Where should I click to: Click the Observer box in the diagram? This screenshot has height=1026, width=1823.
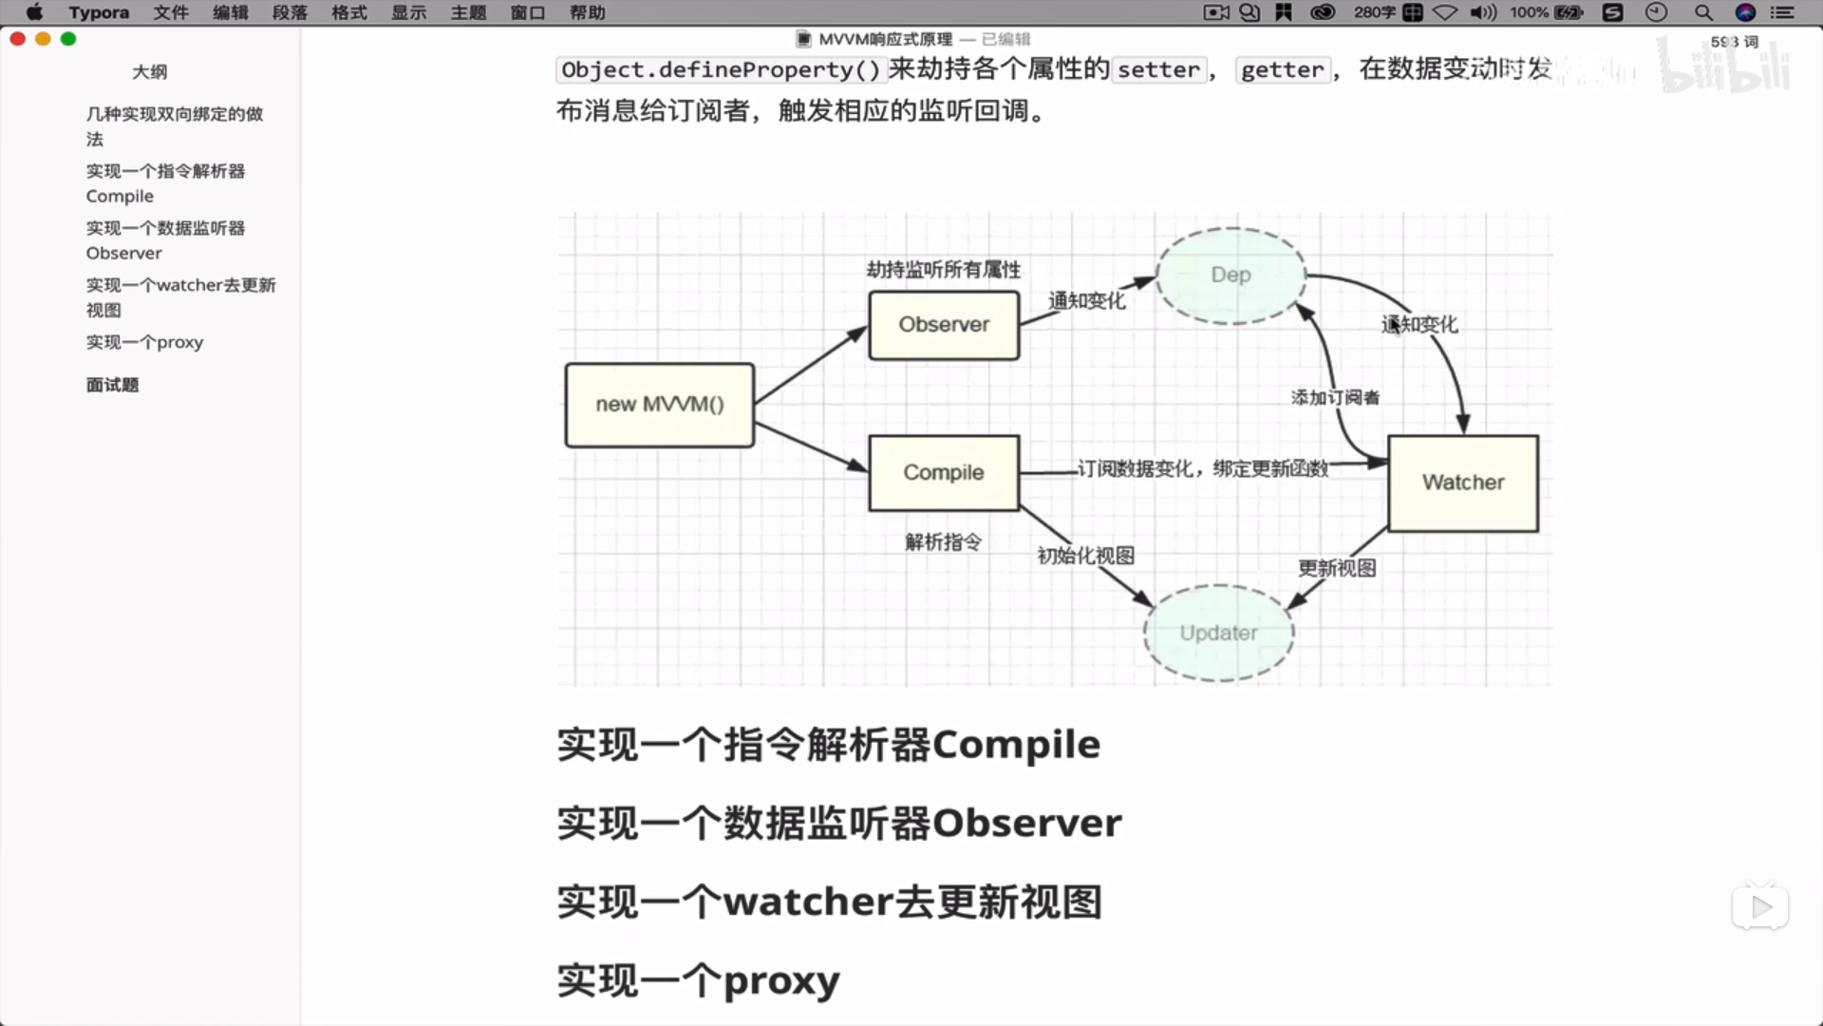click(944, 325)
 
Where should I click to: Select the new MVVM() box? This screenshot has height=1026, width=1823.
click(660, 405)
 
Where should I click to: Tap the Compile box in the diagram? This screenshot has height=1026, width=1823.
click(944, 473)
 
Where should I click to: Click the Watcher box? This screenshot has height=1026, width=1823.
click(1463, 483)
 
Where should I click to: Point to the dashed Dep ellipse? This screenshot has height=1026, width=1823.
click(1231, 275)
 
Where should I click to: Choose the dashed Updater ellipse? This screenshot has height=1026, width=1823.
click(1218, 633)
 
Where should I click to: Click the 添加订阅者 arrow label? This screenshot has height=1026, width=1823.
click(1335, 397)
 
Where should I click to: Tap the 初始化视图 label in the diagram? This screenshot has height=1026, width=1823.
click(1085, 556)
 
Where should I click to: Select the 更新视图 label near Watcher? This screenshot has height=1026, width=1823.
click(1337, 568)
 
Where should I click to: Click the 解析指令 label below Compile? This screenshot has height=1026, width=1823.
click(943, 542)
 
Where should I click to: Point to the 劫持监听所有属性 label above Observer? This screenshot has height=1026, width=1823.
click(944, 270)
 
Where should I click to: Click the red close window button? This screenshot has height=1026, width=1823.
click(17, 39)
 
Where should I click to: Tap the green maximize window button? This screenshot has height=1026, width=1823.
click(68, 39)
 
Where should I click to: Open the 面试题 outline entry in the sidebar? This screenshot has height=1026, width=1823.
click(112, 385)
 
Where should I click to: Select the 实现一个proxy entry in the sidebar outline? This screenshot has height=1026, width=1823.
click(144, 342)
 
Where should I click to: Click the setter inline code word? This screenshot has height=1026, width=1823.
click(1158, 70)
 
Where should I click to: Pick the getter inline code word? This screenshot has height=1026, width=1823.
click(1282, 70)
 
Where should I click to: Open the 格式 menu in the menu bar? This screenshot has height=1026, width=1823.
click(348, 12)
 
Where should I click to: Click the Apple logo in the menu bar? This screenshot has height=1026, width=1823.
click(34, 12)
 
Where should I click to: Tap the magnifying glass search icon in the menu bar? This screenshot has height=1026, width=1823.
click(1703, 12)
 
